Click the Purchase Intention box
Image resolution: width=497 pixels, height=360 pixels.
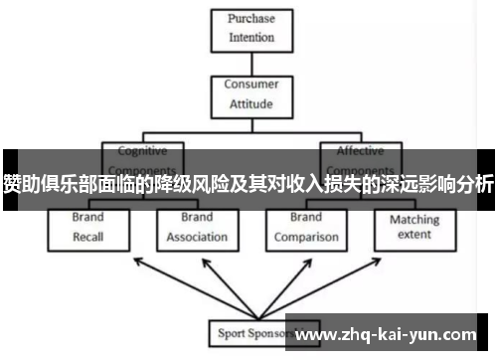[252, 29]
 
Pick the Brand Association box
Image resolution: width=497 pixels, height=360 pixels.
[196, 228]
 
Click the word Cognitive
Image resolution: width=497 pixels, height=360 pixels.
[142, 151]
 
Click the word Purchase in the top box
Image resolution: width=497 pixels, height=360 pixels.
[251, 20]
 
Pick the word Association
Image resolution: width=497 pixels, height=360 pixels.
[197, 238]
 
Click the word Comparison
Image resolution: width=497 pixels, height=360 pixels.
[305, 238]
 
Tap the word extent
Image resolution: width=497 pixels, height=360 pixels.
[414, 236]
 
